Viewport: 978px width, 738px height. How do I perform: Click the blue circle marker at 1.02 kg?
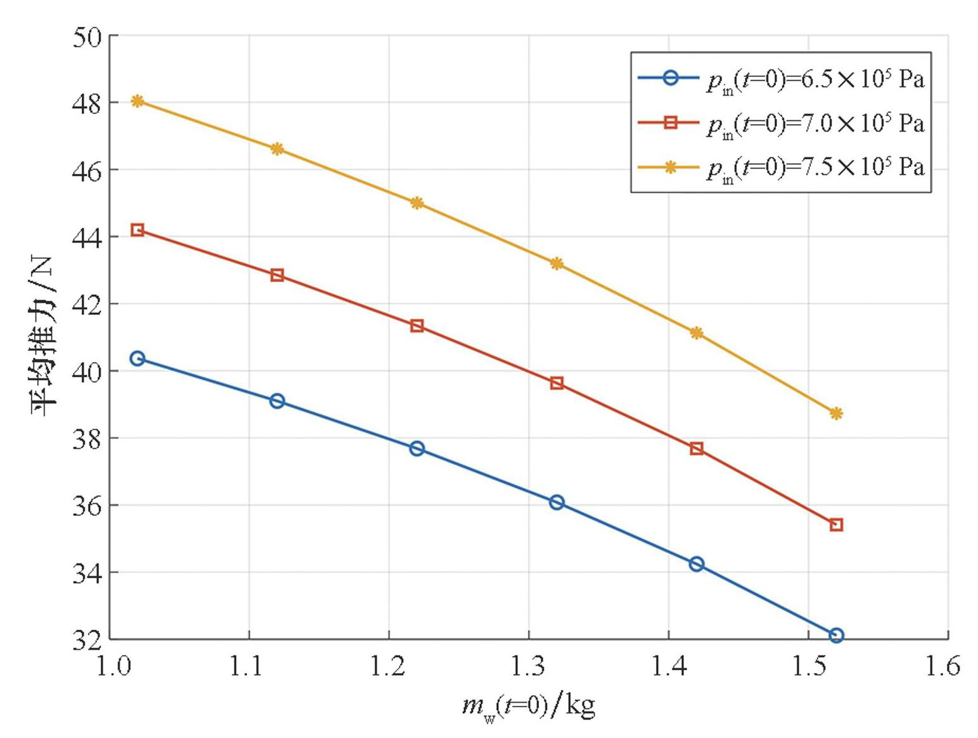pyautogui.click(x=137, y=359)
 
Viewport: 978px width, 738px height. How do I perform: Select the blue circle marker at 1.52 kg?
pyautogui.click(x=836, y=635)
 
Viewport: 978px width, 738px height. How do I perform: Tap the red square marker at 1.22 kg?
pyautogui.click(x=417, y=326)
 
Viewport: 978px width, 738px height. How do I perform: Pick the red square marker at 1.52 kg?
pyautogui.click(x=836, y=525)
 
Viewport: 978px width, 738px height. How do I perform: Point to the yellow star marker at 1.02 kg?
pyautogui.click(x=137, y=101)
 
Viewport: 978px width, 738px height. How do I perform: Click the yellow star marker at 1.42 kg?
pyautogui.click(x=697, y=332)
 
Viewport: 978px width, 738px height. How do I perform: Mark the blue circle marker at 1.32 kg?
pyautogui.click(x=557, y=502)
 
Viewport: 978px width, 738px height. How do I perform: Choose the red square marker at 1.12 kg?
pyautogui.click(x=277, y=275)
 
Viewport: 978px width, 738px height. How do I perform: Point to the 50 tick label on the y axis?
pyautogui.click(x=86, y=38)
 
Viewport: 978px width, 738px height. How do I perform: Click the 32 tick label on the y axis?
pyautogui.click(x=86, y=640)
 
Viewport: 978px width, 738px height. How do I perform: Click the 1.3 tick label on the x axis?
pyautogui.click(x=529, y=666)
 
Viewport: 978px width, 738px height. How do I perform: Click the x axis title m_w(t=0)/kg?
pyautogui.click(x=529, y=707)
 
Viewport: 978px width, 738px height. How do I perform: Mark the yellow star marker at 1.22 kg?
pyautogui.click(x=417, y=203)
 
